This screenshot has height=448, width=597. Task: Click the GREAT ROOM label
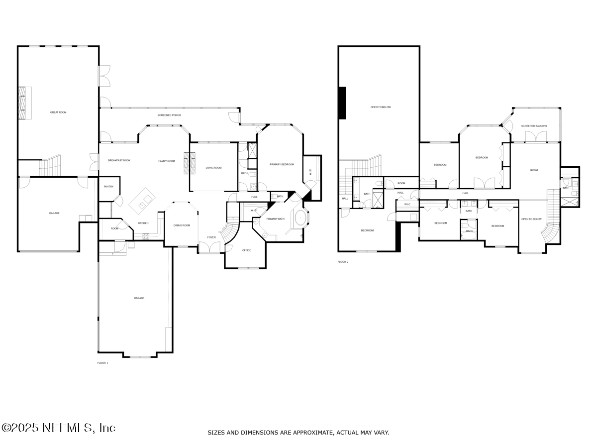58,112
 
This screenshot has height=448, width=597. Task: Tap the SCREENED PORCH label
169,115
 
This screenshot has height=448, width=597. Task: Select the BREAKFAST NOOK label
119,160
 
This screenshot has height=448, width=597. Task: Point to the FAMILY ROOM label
167,161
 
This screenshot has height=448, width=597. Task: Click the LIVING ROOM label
213,168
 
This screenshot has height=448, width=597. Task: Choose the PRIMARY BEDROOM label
282,164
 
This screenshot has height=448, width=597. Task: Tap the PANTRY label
108,187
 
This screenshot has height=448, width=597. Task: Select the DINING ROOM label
182,225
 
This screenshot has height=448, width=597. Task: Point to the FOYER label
211,237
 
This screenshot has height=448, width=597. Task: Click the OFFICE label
246,250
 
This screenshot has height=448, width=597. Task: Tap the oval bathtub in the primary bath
301,218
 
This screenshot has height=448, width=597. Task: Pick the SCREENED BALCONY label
534,126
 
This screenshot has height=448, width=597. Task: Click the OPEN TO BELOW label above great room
381,107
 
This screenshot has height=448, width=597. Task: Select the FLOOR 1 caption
102,363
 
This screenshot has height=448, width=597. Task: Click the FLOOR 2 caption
343,261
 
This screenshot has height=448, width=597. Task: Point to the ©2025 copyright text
59,428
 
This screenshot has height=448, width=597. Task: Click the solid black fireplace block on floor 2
342,103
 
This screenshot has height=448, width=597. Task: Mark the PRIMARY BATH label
275,219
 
